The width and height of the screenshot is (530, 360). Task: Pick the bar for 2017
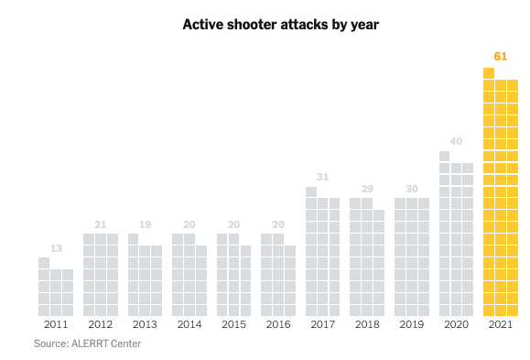(322, 256)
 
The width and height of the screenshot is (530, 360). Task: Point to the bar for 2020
(456, 238)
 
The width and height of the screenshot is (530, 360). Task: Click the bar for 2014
(189, 275)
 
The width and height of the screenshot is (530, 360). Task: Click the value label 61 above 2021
(500, 56)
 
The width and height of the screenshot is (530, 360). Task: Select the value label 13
(56, 247)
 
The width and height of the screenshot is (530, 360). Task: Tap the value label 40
(456, 141)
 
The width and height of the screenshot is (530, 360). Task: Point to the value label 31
(322, 177)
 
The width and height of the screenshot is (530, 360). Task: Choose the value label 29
(366, 188)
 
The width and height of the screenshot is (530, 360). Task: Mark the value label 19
(145, 224)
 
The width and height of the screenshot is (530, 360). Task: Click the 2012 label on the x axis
(101, 324)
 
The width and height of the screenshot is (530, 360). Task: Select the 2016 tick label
(278, 324)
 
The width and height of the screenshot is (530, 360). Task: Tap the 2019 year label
(411, 324)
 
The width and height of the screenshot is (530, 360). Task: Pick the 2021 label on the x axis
(501, 324)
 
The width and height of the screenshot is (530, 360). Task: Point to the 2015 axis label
(233, 324)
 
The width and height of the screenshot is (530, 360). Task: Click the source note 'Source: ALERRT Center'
(88, 344)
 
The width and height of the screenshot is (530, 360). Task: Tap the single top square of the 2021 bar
(489, 73)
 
